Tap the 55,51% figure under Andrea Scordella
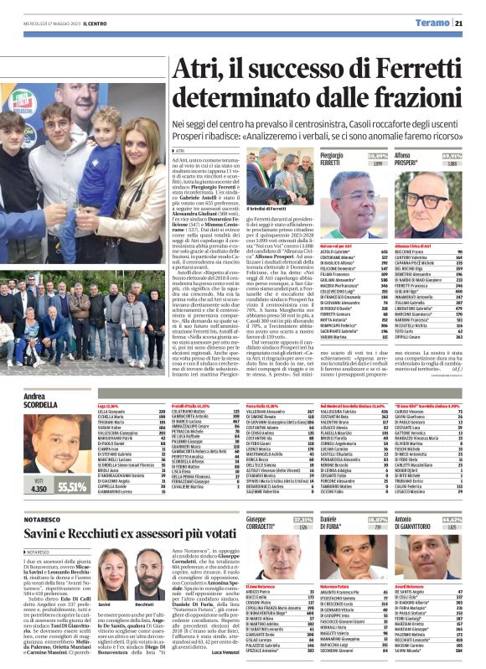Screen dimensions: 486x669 click(x=73, y=487)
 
